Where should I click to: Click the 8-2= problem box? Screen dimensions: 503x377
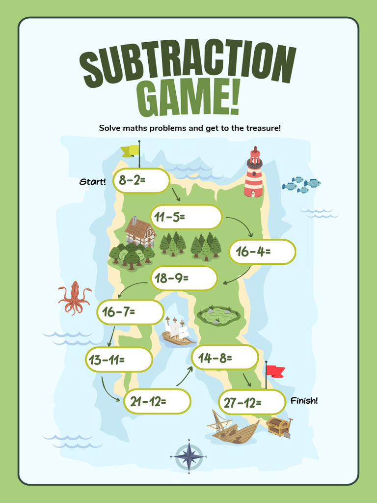point(141,180)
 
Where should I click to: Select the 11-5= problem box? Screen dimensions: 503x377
point(186,217)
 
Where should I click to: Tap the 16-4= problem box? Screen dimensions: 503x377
point(263,251)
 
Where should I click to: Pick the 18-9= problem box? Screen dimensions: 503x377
point(184,279)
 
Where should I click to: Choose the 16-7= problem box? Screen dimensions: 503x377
point(130,312)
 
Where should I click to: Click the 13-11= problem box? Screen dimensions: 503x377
point(119,360)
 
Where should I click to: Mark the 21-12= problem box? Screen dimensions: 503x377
point(157,401)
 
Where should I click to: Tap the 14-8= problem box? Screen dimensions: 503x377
point(225,357)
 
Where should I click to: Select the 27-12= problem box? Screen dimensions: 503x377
point(252,402)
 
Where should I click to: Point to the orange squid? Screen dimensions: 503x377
point(75,298)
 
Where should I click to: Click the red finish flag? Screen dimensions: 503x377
point(274,371)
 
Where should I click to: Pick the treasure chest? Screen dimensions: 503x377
point(279,427)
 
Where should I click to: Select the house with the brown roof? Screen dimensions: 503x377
point(139,231)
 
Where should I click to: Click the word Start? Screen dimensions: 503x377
point(93,182)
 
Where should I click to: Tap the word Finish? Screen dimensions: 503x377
point(304,401)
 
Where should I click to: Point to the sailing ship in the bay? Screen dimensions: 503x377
point(178,332)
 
